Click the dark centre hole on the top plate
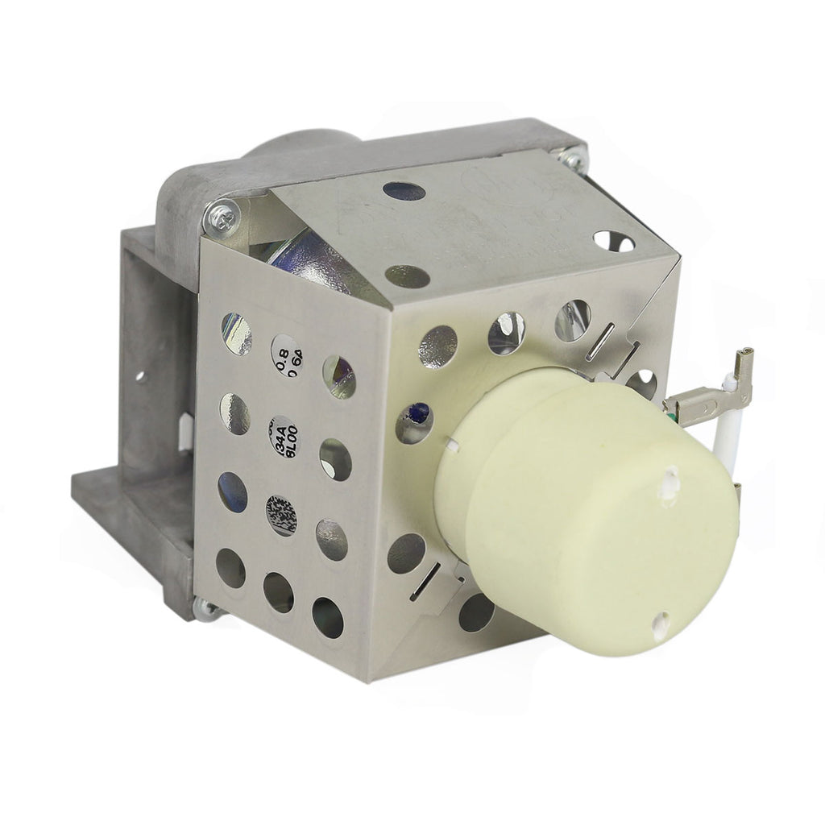click(405, 191)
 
